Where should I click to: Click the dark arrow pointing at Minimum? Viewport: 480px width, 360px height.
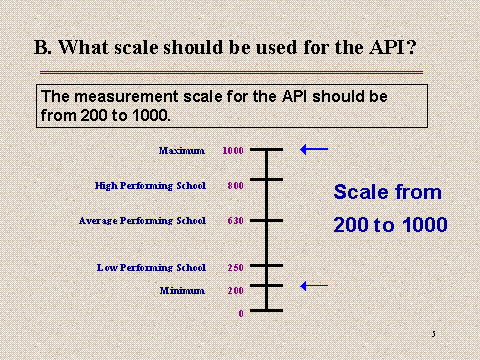pyautogui.click(x=314, y=286)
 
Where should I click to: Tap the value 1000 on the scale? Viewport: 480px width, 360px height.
pyautogui.click(x=233, y=151)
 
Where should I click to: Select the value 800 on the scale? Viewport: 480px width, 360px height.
pyautogui.click(x=234, y=185)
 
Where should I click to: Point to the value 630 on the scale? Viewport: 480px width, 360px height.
pyautogui.click(x=234, y=220)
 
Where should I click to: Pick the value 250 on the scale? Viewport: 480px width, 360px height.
pyautogui.click(x=234, y=267)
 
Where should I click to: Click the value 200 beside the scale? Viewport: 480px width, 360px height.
pyautogui.click(x=234, y=290)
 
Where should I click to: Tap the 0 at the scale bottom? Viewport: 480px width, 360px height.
pyautogui.click(x=240, y=314)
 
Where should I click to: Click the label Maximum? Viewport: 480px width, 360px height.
pyautogui.click(x=181, y=151)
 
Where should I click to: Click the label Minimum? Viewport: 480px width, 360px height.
pyautogui.click(x=182, y=290)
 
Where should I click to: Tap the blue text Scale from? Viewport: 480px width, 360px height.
pyautogui.click(x=387, y=192)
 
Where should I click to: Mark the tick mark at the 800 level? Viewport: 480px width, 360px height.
pyautogui.click(x=267, y=179)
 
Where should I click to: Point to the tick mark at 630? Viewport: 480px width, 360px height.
pyautogui.click(x=267, y=220)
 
